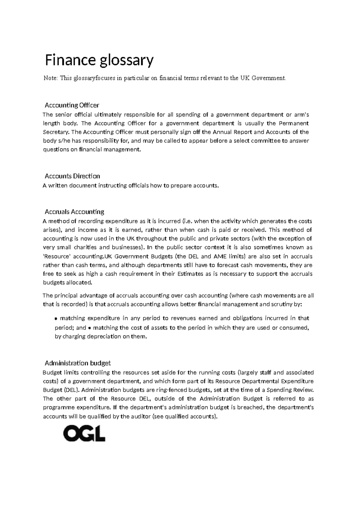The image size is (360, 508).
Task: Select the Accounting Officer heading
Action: [72, 105]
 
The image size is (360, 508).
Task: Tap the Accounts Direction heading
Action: [72, 176]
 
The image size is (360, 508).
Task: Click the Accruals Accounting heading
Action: [74, 212]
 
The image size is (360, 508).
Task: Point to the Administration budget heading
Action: [77, 363]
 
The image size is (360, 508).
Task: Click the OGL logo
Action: [84, 434]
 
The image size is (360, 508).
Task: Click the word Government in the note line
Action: [268, 78]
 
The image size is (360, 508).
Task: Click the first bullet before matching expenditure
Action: [56, 319]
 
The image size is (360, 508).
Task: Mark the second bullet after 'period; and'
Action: [90, 328]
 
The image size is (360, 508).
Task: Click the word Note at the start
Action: [50, 78]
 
